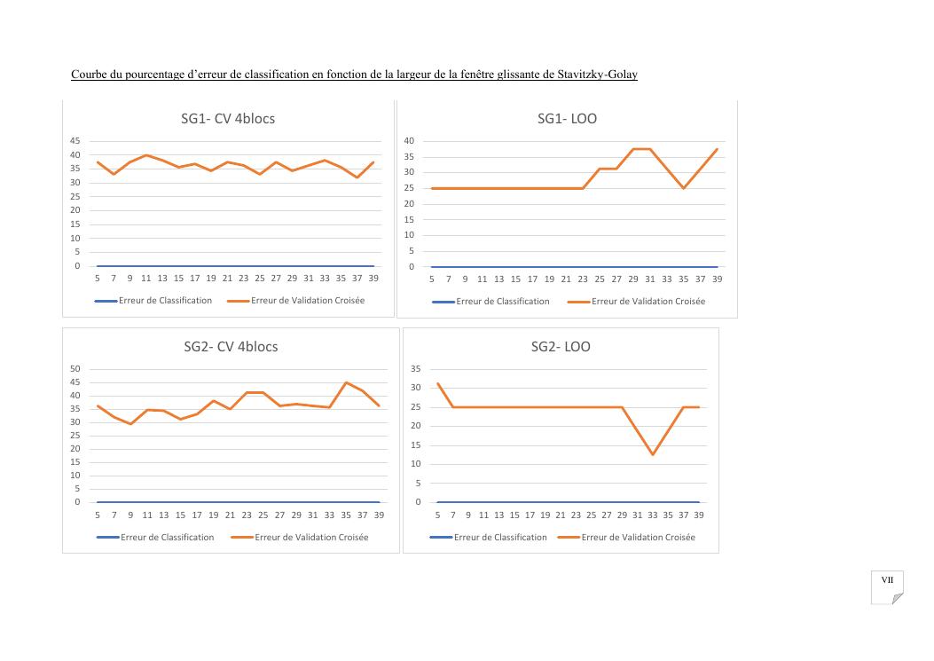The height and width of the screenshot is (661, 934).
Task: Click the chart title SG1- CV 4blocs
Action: (x=228, y=119)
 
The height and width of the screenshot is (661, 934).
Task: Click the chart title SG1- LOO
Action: (x=567, y=119)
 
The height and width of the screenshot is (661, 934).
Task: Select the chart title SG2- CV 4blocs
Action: (x=230, y=347)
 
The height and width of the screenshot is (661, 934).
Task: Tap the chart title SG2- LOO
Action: (x=561, y=347)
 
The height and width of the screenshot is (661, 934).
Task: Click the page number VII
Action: (x=887, y=580)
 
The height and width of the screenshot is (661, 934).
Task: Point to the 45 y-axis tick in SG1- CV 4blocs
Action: (x=75, y=141)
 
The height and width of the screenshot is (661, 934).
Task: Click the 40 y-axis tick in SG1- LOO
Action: (x=409, y=141)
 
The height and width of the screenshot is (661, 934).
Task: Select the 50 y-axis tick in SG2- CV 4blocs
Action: (x=75, y=369)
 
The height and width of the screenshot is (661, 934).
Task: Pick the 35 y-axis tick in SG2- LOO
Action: (x=415, y=369)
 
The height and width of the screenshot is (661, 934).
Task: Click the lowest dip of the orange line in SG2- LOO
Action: (x=653, y=455)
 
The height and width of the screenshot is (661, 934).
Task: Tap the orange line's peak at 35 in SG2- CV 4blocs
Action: (x=346, y=382)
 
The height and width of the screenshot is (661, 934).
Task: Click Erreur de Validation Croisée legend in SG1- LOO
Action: (x=648, y=302)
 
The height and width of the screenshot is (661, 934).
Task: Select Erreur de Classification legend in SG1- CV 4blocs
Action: (x=165, y=301)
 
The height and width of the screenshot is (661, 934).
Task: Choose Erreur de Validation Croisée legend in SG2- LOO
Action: (x=638, y=538)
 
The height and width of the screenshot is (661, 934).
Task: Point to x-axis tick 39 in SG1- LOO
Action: (x=717, y=279)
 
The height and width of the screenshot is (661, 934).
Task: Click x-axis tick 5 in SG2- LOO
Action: (x=437, y=515)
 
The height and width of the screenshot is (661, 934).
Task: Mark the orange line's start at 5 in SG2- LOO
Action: (x=437, y=383)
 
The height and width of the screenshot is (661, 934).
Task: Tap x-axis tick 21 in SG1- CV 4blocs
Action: (x=227, y=279)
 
